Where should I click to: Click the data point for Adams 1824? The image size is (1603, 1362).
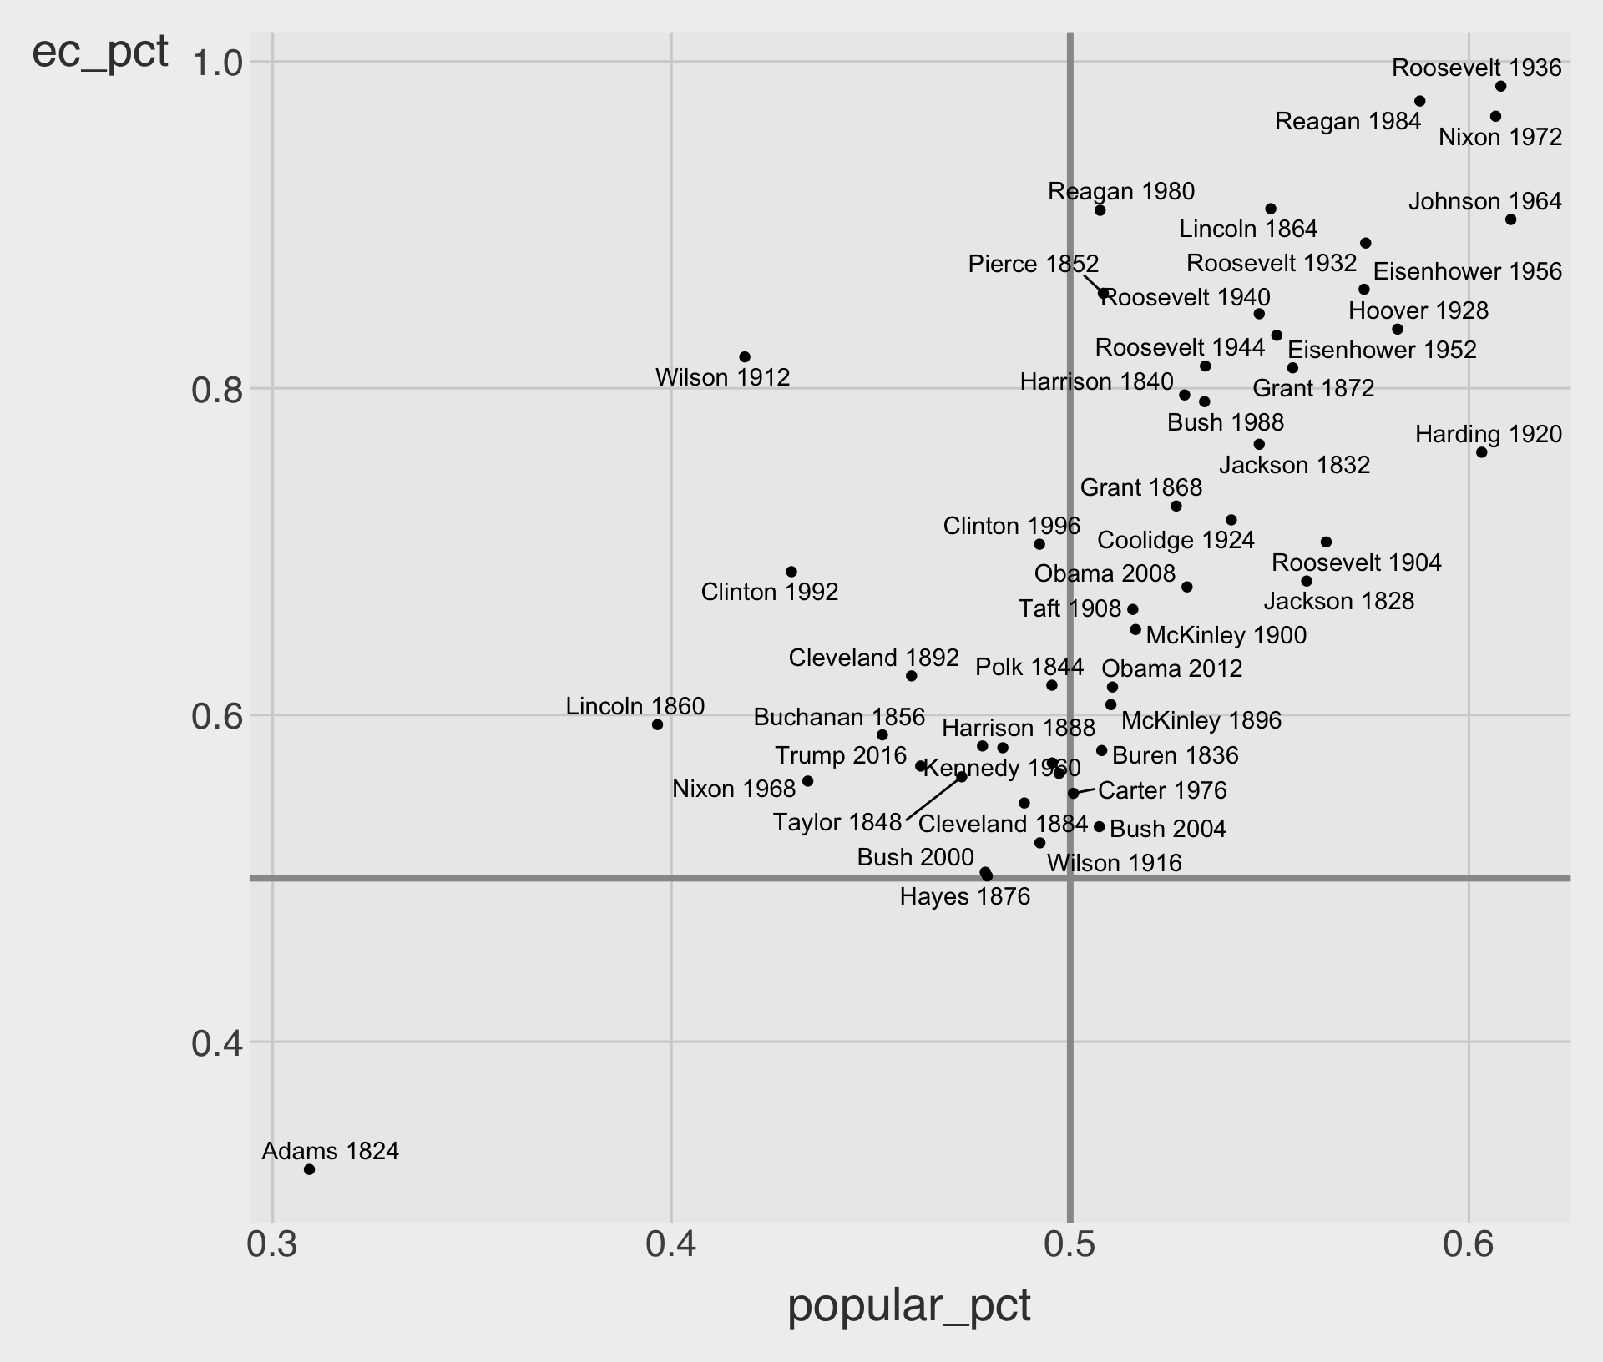[x=309, y=1169]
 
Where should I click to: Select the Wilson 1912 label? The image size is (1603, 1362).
[x=722, y=377]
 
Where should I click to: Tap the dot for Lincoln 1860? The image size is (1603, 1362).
[x=657, y=724]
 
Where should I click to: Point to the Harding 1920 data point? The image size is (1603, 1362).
[x=1481, y=452]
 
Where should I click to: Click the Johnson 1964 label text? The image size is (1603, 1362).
[x=1484, y=202]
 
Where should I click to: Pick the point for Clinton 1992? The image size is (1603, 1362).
[x=791, y=572]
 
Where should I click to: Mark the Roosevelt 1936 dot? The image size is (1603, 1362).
[x=1500, y=87]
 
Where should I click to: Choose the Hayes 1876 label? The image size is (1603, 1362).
[x=964, y=897]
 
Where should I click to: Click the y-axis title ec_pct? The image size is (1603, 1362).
[x=100, y=53]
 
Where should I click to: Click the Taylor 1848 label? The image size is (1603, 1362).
[x=837, y=823]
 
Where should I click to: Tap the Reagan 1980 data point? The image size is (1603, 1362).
[x=1100, y=210]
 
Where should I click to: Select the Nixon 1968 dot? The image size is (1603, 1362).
[x=807, y=781]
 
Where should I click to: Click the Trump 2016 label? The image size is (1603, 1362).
[x=840, y=756]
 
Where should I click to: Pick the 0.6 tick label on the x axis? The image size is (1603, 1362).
[x=1468, y=1268]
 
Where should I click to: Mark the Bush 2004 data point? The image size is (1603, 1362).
[x=1099, y=827]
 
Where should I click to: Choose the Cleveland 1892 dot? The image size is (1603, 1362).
[x=911, y=676]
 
